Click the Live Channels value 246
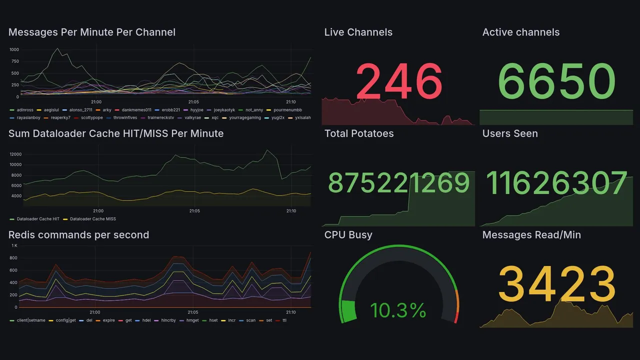click(x=399, y=81)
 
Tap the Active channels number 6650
click(x=556, y=81)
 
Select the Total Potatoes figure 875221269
click(x=398, y=183)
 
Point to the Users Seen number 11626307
click(x=556, y=183)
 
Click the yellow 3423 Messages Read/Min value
click(x=556, y=284)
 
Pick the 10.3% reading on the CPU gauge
click(x=398, y=310)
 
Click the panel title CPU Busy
click(x=348, y=235)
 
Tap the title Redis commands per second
click(x=78, y=235)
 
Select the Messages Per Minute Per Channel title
click(x=92, y=32)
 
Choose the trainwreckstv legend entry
click(x=159, y=117)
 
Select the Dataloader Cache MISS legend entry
click(x=92, y=219)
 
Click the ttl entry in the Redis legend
click(x=284, y=320)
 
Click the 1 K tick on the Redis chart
click(x=14, y=246)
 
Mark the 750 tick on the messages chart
click(x=14, y=61)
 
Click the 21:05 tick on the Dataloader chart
click(x=194, y=211)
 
